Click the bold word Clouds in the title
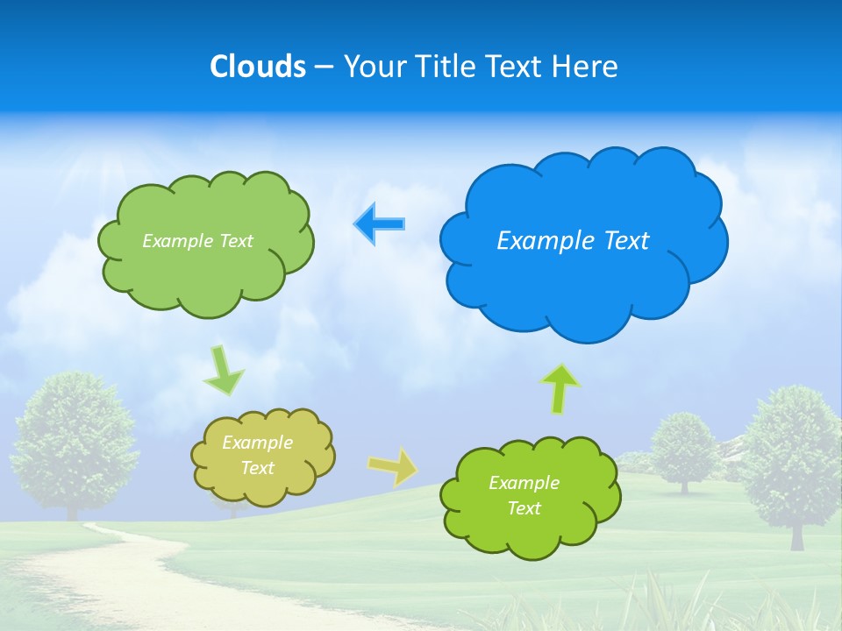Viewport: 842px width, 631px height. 258,67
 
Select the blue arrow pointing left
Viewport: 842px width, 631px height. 379,223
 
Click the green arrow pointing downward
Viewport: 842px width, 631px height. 224,370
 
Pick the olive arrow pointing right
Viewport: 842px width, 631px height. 393,466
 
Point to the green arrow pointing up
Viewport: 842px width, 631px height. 560,388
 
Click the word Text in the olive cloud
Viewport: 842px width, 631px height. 258,468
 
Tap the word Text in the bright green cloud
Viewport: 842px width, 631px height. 524,508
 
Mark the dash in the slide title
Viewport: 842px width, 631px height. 324,67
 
